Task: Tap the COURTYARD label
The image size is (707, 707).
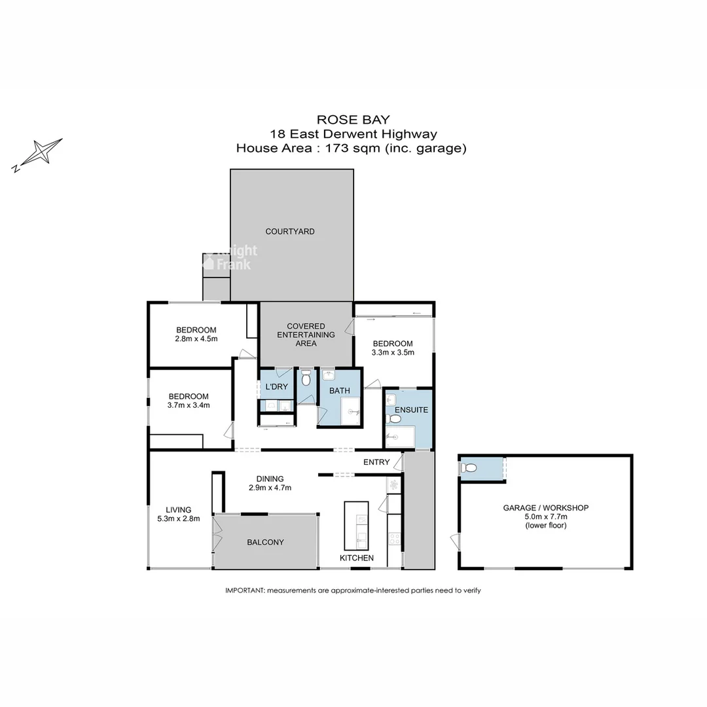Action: coord(289,232)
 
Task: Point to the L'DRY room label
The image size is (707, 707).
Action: coord(276,387)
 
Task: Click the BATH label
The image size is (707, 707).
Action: coord(340,391)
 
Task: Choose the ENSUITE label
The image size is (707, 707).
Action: coord(412,410)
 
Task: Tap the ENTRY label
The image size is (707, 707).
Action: coord(376,462)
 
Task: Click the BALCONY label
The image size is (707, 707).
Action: coord(265,542)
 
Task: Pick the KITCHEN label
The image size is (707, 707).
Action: coord(356,558)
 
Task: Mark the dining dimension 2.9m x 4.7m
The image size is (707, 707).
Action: coord(270,488)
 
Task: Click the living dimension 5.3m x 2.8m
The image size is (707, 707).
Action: coord(178,518)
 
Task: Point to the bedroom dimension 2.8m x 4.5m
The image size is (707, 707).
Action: coord(196,339)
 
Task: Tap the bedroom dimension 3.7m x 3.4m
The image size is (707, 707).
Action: coord(189,405)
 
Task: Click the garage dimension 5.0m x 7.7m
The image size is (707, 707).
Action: coord(545,517)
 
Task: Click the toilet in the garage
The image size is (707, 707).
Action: coord(469,468)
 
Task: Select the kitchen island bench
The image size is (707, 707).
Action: coord(356,525)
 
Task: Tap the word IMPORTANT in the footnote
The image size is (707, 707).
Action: coord(244,590)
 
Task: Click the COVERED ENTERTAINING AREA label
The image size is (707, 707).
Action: coord(306,335)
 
